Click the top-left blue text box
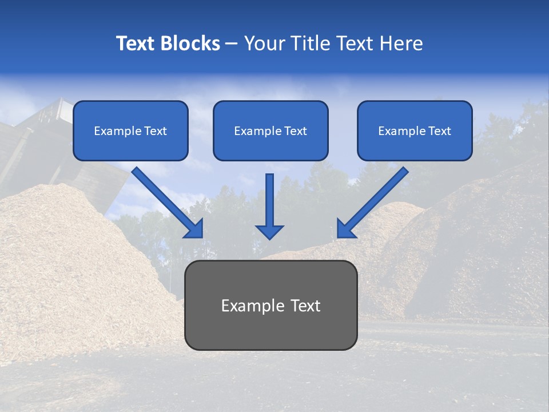130,130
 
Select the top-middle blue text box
270,130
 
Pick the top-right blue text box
415,130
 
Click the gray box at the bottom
270,305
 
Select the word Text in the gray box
305,306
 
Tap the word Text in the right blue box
439,131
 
